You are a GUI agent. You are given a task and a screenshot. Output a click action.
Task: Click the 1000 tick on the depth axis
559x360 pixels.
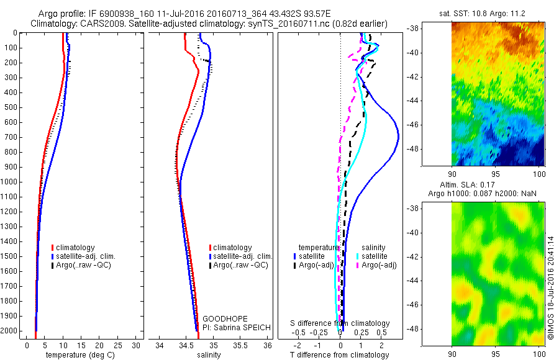(10, 182)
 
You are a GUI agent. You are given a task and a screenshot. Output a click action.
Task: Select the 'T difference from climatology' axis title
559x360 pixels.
(340, 355)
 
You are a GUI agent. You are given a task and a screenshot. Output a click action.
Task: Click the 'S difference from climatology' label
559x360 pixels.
(340, 323)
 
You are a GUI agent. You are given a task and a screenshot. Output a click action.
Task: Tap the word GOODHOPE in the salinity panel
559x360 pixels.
(220, 318)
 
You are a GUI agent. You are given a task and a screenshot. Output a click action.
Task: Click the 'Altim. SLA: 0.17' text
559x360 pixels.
(478, 184)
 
